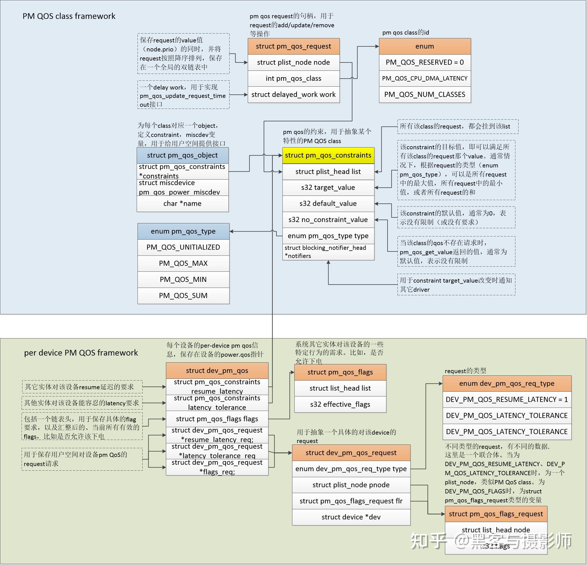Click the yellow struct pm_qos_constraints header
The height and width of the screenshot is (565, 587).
[328, 155]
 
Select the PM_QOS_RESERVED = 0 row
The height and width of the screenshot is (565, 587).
[424, 62]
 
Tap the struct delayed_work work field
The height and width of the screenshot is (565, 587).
[293, 95]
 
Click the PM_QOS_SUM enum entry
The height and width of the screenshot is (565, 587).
[183, 295]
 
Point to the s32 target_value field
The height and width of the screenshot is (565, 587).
[328, 188]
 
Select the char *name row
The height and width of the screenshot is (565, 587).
[182, 204]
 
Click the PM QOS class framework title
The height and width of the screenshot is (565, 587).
[69, 16]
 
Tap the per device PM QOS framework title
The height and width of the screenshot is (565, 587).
[81, 353]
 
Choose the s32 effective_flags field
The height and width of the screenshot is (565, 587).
[340, 404]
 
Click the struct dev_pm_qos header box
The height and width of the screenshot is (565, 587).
[217, 371]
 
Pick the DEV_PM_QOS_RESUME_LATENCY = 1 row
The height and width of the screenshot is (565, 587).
[507, 400]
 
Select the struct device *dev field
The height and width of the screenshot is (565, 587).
[351, 517]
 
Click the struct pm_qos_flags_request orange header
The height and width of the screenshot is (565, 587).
[496, 514]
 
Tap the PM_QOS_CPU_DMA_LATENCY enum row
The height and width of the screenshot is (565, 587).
[424, 78]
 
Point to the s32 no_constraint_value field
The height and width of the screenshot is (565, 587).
[328, 220]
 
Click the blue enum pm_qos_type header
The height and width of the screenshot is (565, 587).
[183, 231]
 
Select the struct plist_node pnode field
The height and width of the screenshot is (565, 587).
[351, 485]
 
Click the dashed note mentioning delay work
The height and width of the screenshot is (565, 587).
[183, 95]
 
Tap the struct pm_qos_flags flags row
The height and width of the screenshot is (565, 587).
[217, 419]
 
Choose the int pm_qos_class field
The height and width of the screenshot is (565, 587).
[293, 78]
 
